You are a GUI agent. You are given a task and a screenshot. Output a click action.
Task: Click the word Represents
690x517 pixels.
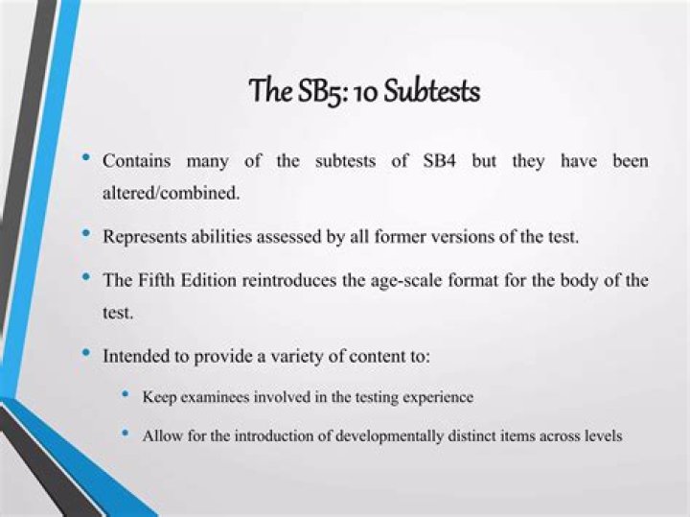[x=143, y=236]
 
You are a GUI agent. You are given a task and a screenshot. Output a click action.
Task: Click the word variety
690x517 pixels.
[x=306, y=356]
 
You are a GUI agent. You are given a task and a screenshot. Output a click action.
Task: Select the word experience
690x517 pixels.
[x=438, y=396]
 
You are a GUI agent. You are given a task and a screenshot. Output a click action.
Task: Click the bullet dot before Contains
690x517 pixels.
[x=87, y=158]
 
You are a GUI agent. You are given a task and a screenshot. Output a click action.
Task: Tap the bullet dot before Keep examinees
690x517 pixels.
[x=125, y=394]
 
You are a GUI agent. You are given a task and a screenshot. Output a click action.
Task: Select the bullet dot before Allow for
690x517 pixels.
[x=125, y=434]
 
